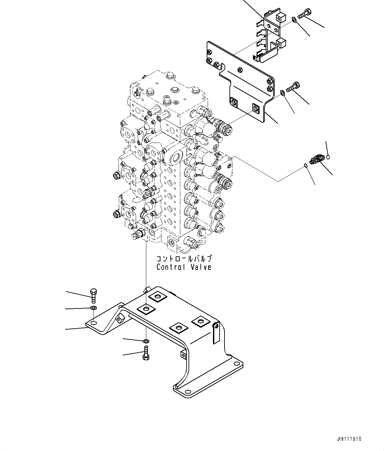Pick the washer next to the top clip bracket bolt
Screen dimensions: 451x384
294,21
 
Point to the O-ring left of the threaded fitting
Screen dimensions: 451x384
306,165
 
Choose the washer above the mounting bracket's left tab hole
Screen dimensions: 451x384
93,308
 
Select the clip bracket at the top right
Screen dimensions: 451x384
271,36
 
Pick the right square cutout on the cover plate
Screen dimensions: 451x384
256,108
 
